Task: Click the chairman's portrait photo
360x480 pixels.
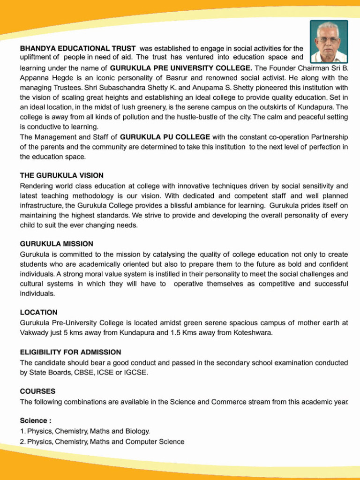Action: [x=329, y=42]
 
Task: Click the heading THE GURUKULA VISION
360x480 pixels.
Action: [x=61, y=175]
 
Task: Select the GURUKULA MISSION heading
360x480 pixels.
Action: [x=56, y=244]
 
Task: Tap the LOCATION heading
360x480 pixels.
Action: [x=39, y=312]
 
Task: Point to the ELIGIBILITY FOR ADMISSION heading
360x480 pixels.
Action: [x=70, y=352]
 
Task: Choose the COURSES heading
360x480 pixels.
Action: [x=37, y=391]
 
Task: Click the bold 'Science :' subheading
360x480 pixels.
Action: [x=36, y=420]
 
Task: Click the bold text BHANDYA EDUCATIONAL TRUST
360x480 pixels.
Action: [x=78, y=48]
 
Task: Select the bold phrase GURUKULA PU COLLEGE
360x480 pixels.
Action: [x=165, y=137]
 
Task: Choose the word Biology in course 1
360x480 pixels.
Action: [x=138, y=431]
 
